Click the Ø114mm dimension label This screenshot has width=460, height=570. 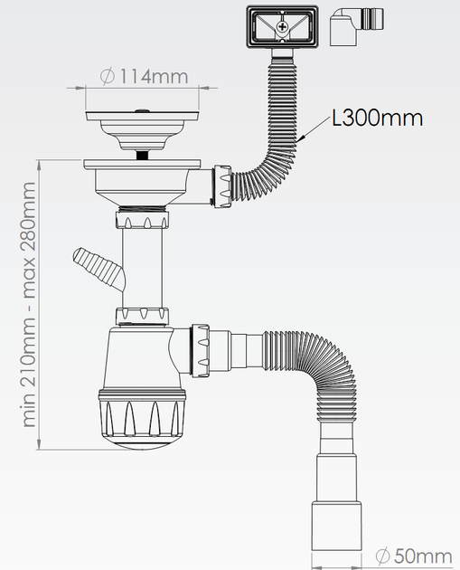click(144, 76)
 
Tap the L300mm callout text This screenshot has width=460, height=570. click(378, 119)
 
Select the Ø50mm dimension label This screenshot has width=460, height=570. click(414, 556)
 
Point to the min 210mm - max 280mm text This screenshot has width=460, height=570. click(29, 305)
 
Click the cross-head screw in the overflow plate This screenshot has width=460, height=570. click(282, 26)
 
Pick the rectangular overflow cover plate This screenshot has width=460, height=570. click(283, 26)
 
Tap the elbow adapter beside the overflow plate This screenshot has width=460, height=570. click(356, 26)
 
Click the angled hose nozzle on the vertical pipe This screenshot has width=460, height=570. click(99, 267)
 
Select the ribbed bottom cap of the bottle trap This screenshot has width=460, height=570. click(142, 418)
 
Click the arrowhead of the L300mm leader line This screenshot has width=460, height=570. click(300, 138)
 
